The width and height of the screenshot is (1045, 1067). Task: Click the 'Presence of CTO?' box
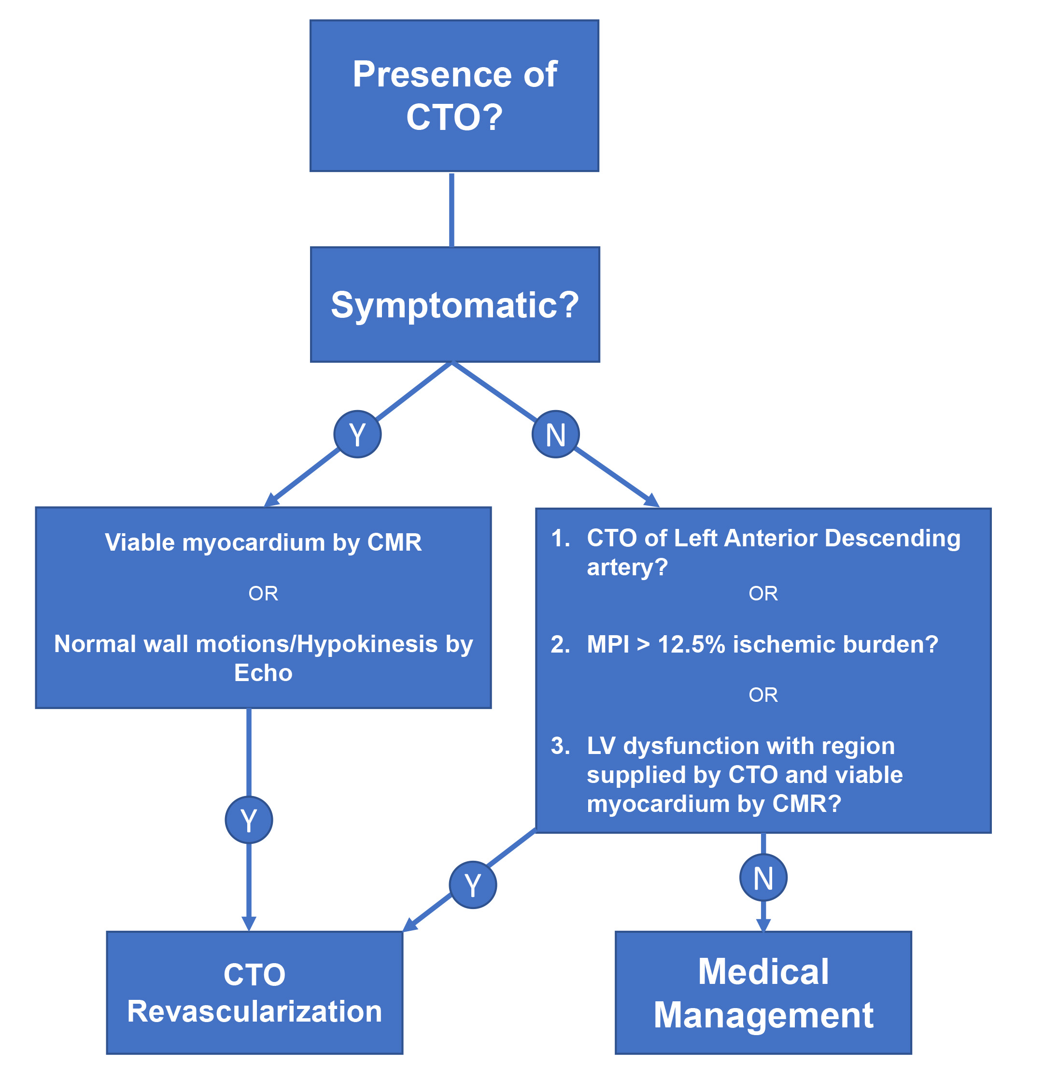click(x=454, y=96)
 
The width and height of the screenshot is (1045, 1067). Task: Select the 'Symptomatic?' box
click(x=454, y=304)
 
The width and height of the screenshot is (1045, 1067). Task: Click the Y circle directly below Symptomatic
click(x=357, y=434)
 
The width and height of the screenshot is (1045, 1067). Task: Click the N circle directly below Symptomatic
click(x=555, y=434)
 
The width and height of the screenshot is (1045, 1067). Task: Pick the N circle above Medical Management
click(x=763, y=878)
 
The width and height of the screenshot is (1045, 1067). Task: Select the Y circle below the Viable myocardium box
click(x=249, y=820)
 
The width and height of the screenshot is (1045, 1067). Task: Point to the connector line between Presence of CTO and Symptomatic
click(x=452, y=210)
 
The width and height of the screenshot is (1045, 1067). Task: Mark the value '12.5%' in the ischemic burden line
click(x=691, y=644)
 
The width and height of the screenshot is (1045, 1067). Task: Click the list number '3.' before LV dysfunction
click(x=560, y=745)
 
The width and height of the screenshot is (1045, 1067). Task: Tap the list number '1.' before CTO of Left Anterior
click(x=560, y=538)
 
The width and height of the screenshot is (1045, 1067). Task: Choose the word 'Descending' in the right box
click(x=892, y=538)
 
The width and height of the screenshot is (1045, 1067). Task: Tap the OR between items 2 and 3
click(x=763, y=695)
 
